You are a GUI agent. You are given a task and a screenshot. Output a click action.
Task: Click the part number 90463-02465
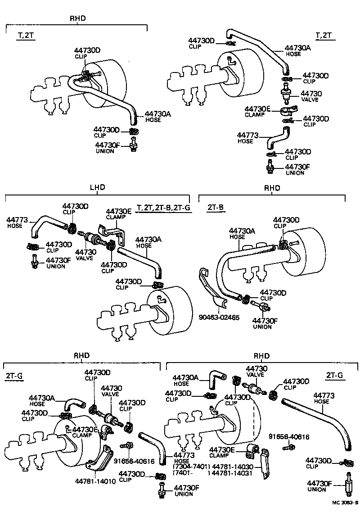pyautogui.click(x=219, y=317)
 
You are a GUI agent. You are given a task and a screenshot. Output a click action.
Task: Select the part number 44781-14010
pyautogui.click(x=95, y=481)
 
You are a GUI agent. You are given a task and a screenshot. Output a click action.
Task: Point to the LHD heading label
pyautogui.click(x=97, y=187)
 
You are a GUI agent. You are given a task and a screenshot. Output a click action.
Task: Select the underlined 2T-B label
pyautogui.click(x=216, y=208)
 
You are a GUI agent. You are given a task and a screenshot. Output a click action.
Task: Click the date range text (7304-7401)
pyautogui.click(x=192, y=467)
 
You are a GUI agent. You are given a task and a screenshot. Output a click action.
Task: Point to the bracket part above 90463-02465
pyautogui.click(x=209, y=288)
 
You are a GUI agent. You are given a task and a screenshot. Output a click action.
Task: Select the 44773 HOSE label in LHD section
pyautogui.click(x=18, y=222)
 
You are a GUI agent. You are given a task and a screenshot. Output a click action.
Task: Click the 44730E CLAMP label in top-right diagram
pyautogui.click(x=257, y=111)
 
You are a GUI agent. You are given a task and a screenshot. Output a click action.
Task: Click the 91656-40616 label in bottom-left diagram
pyautogui.click(x=134, y=461)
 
